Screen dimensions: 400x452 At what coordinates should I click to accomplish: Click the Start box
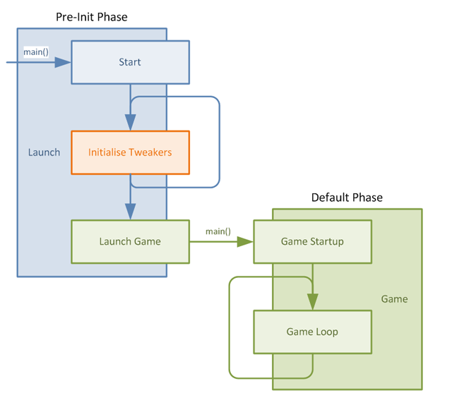click(x=130, y=62)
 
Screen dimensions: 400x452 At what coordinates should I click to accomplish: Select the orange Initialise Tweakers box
click(x=130, y=152)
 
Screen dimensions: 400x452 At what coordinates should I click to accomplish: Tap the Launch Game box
click(x=130, y=241)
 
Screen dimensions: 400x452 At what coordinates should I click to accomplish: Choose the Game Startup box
click(x=312, y=241)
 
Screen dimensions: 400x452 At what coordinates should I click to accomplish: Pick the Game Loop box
click(x=312, y=332)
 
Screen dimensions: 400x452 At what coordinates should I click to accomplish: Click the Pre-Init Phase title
click(x=92, y=16)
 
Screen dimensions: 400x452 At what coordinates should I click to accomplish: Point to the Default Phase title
click(x=347, y=198)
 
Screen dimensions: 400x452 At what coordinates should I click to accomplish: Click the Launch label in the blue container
click(x=44, y=152)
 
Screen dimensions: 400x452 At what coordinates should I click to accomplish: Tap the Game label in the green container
click(x=394, y=298)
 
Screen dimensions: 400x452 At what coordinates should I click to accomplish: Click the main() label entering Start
click(x=36, y=51)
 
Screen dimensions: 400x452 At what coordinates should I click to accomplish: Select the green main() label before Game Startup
click(x=218, y=231)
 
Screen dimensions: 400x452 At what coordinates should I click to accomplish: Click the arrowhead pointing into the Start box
click(x=63, y=63)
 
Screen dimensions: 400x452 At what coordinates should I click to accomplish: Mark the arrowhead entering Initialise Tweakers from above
click(x=130, y=123)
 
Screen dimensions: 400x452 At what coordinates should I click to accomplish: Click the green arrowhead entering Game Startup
click(x=244, y=241)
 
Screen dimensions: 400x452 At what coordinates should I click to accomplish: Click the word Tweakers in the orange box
click(x=150, y=152)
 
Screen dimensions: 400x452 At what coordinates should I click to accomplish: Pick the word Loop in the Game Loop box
click(x=326, y=332)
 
